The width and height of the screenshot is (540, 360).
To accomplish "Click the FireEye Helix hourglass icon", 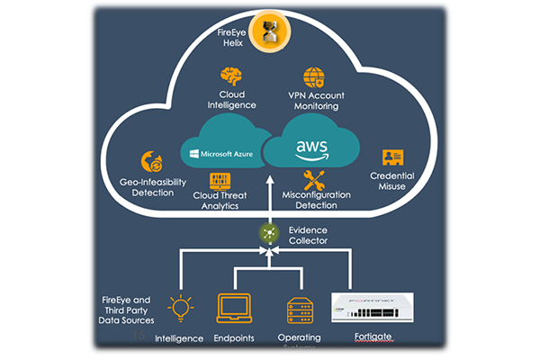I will [x=268, y=31].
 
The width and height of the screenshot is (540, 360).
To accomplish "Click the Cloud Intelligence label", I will [x=231, y=100].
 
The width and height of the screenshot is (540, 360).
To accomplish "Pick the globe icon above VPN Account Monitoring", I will [x=314, y=76].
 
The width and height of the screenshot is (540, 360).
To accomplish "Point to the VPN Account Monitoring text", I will [x=315, y=100].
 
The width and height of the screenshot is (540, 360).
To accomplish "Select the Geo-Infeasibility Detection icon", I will [x=152, y=163].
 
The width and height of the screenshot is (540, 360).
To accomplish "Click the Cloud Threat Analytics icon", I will [x=215, y=178].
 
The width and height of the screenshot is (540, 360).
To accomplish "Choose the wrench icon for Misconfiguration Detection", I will [x=314, y=178].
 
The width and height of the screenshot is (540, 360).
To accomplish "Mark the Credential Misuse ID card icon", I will [x=393, y=157].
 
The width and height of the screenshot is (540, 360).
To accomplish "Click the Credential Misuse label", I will [x=393, y=180].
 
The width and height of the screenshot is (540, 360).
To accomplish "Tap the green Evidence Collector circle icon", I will [x=267, y=232].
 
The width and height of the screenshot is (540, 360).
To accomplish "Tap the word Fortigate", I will [x=376, y=339].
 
